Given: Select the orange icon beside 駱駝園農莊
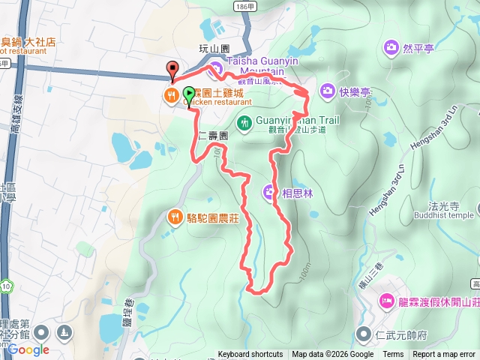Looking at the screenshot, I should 174,217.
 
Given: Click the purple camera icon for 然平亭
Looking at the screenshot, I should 391,49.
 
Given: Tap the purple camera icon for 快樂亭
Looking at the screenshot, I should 327,91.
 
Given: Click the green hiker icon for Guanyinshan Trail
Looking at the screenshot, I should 244,121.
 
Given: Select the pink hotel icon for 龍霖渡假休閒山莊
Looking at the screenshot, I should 387,301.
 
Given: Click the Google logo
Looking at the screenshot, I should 30,349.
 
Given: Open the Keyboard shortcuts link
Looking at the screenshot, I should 250,355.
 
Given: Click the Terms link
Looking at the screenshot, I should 393,355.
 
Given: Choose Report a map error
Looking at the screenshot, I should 444,355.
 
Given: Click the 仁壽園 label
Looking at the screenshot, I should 212,136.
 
